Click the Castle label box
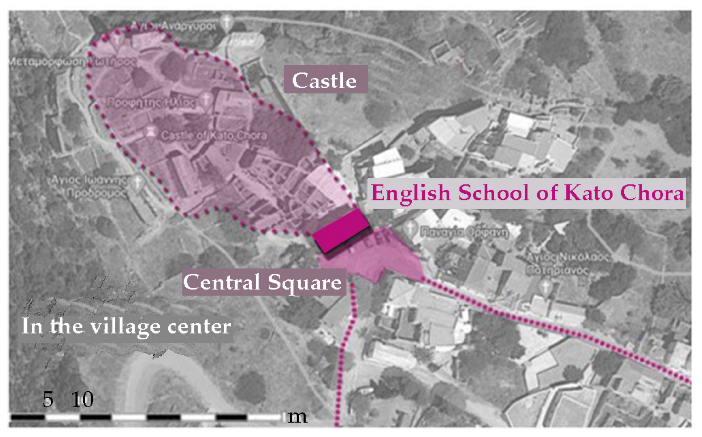pyautogui.click(x=325, y=79)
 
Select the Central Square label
pyautogui.click(x=264, y=282)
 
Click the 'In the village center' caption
pyautogui.click(x=126, y=326)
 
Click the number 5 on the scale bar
pyautogui.click(x=48, y=400)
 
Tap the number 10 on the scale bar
pyautogui.click(x=83, y=400)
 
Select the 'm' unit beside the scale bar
pyautogui.click(x=297, y=417)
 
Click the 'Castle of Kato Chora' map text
pyautogui.click(x=214, y=136)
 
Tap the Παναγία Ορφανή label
pyautogui.click(x=464, y=232)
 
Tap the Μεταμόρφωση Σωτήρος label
pyautogui.click(x=72, y=62)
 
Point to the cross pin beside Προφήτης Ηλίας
pyautogui.click(x=206, y=99)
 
